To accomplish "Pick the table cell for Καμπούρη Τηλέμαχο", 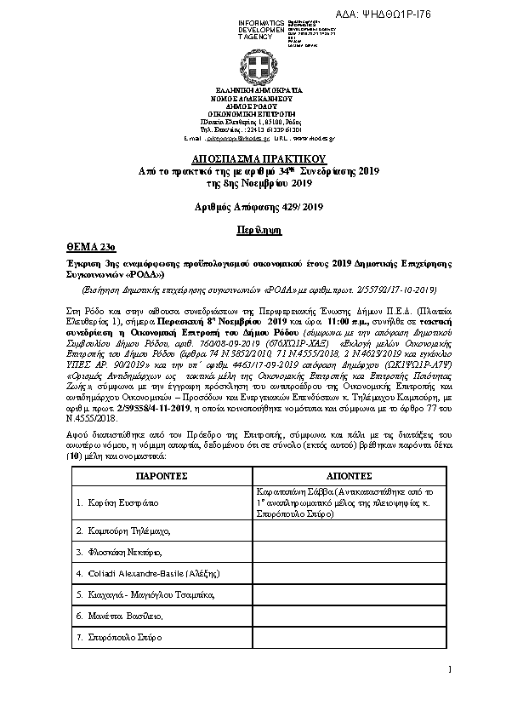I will click(x=123, y=531).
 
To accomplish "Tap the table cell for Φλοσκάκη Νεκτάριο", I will click(x=122, y=552).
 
